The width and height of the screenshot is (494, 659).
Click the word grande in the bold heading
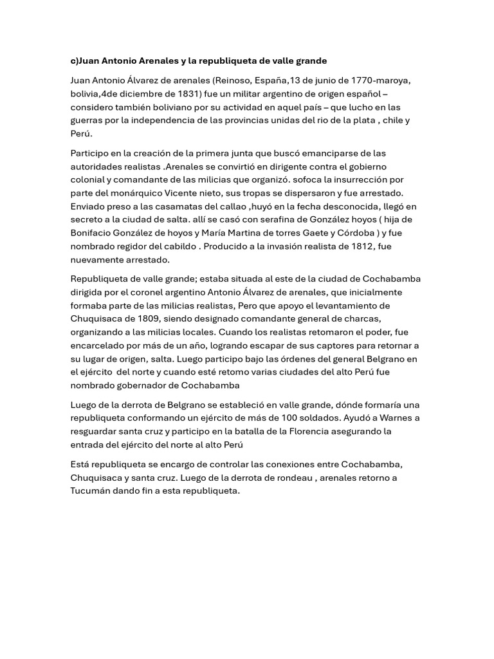[x=307, y=60]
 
